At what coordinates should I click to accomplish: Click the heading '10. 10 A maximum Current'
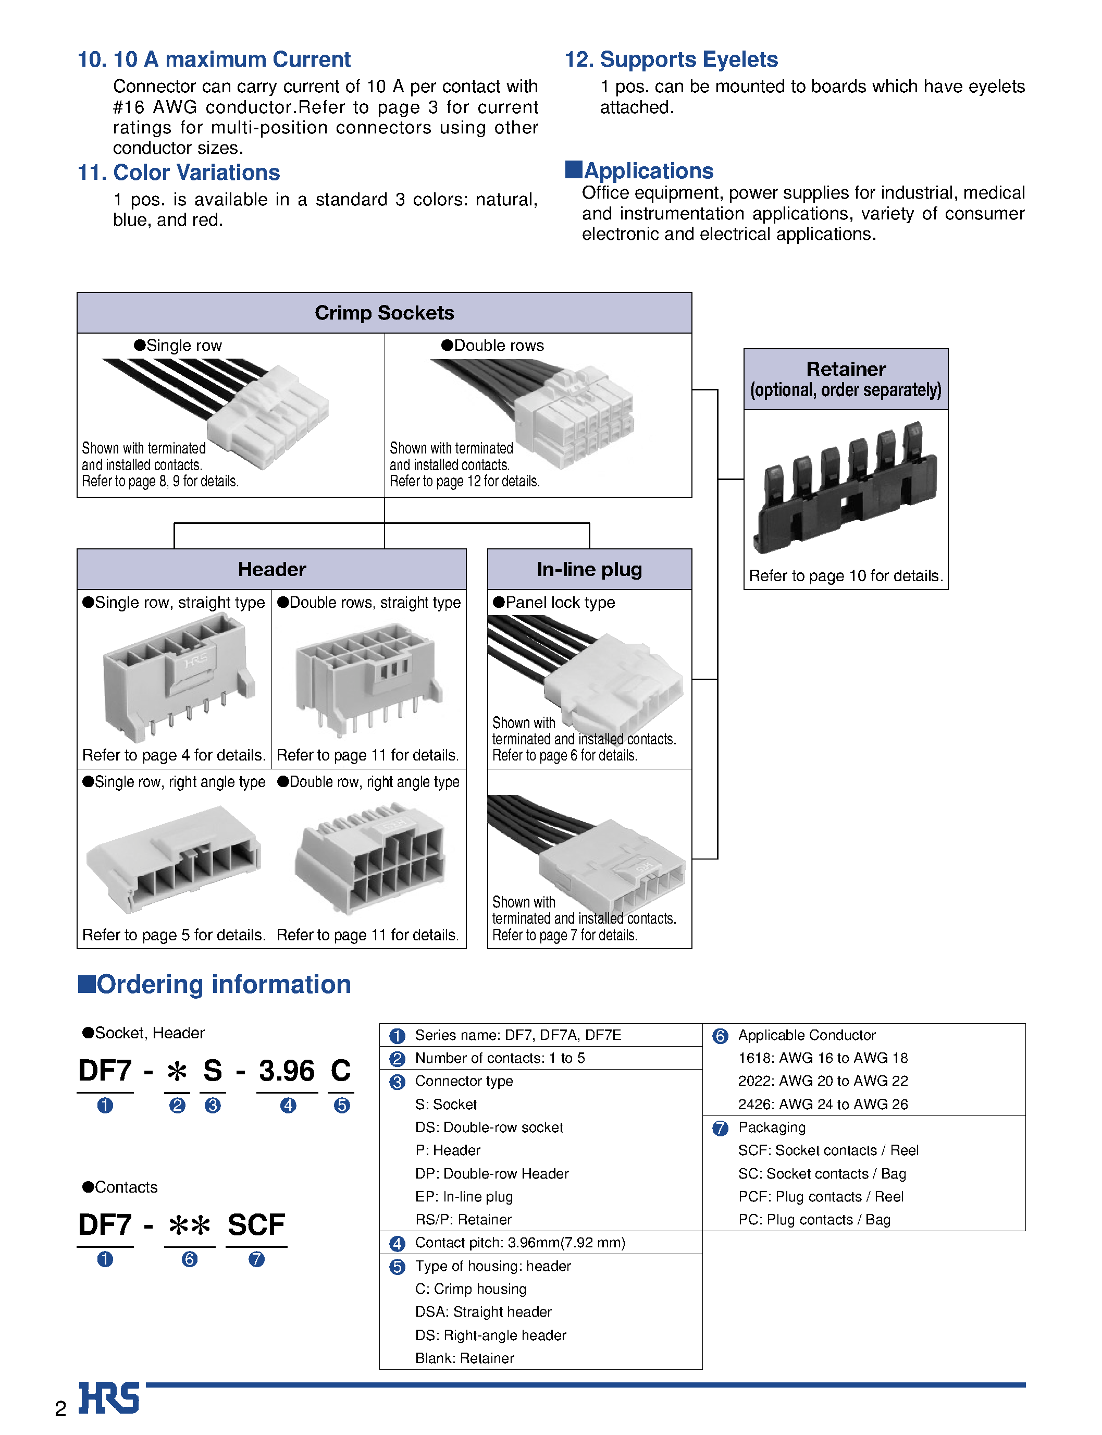pyautogui.click(x=214, y=60)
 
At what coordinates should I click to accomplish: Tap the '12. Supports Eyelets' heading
pyautogui.click(x=671, y=60)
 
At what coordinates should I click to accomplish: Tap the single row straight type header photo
pyautogui.click(x=176, y=679)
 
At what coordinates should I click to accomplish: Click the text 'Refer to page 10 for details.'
pyautogui.click(x=846, y=575)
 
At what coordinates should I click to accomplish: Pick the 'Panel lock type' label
pyautogui.click(x=560, y=603)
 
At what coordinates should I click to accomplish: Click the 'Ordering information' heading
pyautogui.click(x=223, y=984)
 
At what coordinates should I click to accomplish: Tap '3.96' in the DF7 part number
pyautogui.click(x=286, y=1071)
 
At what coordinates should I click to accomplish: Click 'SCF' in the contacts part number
pyautogui.click(x=256, y=1225)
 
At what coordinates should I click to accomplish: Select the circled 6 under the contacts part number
pyautogui.click(x=190, y=1259)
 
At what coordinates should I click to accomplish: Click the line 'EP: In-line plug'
pyautogui.click(x=464, y=1196)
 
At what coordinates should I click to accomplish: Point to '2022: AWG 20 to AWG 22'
pyautogui.click(x=823, y=1081)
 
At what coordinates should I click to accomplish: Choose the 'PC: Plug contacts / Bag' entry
pyautogui.click(x=813, y=1219)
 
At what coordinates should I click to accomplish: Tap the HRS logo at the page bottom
pyautogui.click(x=109, y=1397)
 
